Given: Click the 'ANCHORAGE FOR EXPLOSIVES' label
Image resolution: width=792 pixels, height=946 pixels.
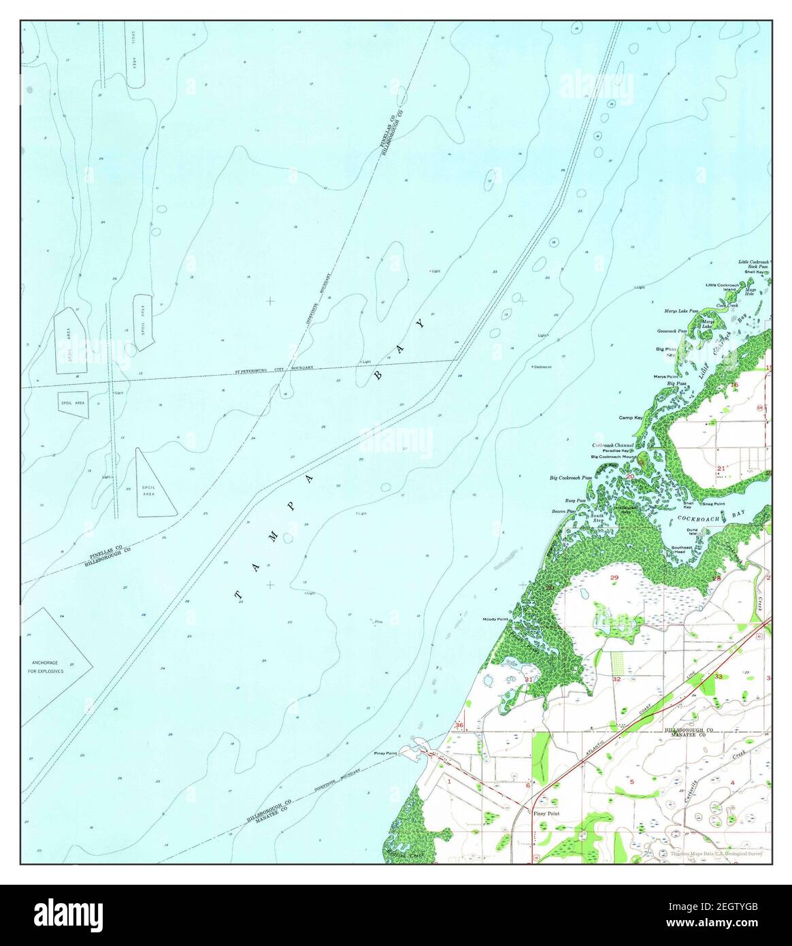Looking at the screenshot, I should (x=46, y=666).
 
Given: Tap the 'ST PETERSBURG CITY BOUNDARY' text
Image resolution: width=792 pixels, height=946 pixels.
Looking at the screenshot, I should (x=274, y=370).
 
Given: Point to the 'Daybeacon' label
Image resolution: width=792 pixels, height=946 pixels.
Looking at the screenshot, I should (x=543, y=366).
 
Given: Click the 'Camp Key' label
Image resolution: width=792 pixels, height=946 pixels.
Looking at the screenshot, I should (x=630, y=417).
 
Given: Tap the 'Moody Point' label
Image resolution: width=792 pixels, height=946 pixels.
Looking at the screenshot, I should (x=496, y=619).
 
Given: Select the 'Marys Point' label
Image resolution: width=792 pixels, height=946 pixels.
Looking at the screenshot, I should (x=665, y=376).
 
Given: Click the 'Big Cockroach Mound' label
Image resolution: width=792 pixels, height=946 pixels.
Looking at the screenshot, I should (x=612, y=456).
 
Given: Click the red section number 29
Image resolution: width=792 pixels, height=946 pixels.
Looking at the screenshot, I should (x=614, y=578).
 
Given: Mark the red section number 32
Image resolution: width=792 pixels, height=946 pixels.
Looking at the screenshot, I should (x=616, y=679).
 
